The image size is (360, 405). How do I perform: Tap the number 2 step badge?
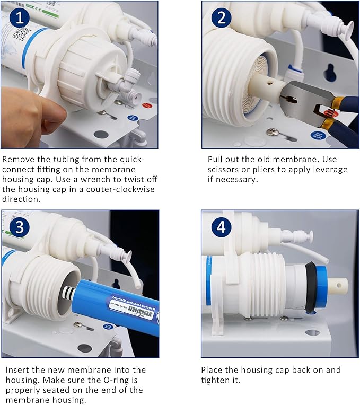pyautogui.click(x=221, y=19)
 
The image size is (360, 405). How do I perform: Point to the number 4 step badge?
pyautogui.click(x=221, y=228)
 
